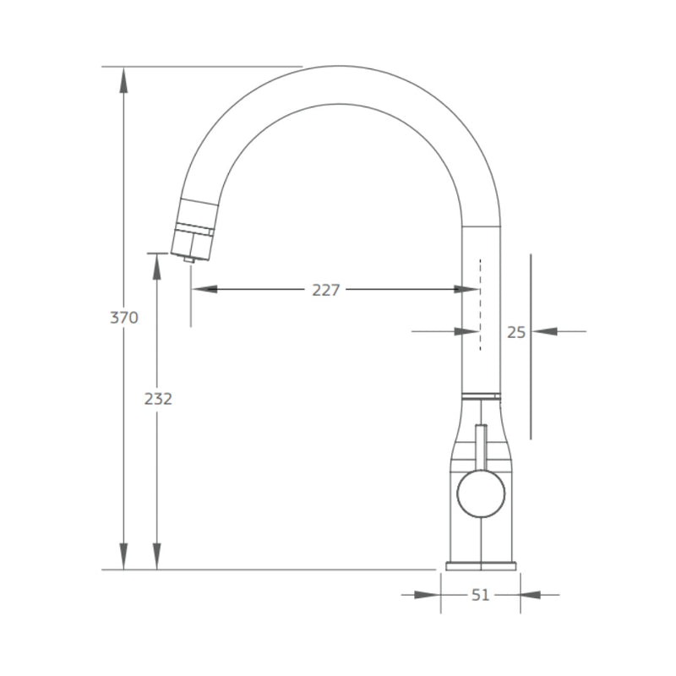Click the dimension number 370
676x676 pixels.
pos(123,318)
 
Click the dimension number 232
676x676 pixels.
pos(157,398)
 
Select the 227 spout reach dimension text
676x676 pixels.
pos(325,290)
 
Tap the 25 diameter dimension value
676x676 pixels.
pos(516,332)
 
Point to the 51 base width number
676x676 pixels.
pos(480,595)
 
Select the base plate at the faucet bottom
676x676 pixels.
pos(481,565)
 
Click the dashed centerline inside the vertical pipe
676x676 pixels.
pos(481,304)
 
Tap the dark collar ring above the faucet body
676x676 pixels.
pos(481,395)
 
